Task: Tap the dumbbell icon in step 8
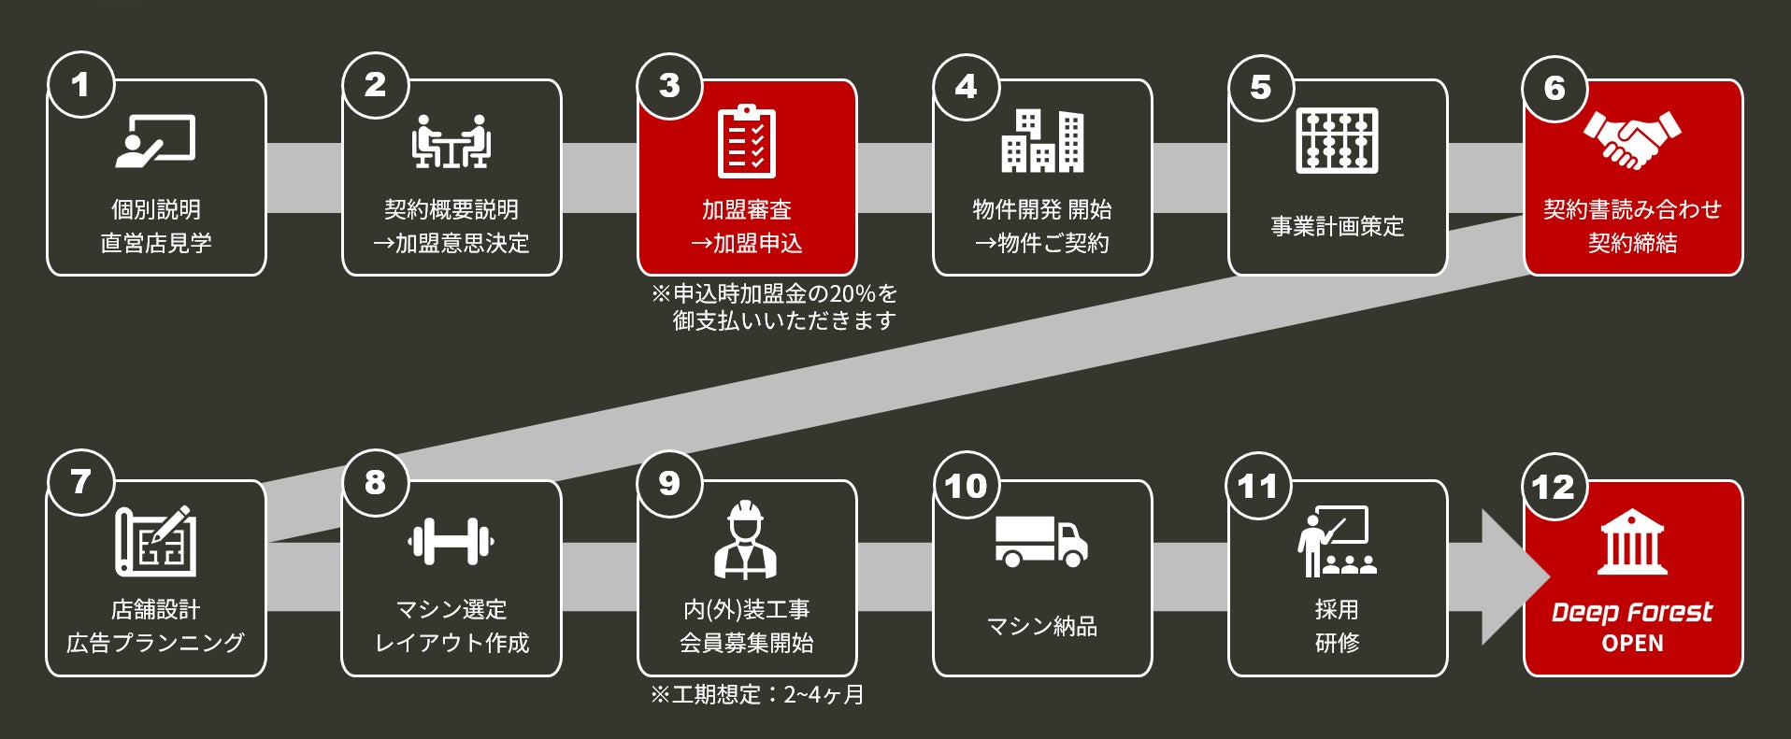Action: pos(451,540)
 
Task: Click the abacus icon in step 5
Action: pos(1337,141)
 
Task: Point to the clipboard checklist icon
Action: pos(746,142)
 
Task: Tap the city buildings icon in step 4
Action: pos(1042,141)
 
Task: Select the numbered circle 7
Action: pos(81,482)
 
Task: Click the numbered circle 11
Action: pos(1258,486)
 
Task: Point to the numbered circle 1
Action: pos(81,85)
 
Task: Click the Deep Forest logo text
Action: pos(1632,612)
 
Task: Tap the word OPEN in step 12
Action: pos(1632,644)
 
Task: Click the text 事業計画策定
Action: pos(1337,226)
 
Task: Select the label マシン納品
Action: pos(1041,626)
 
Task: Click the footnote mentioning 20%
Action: pos(774,306)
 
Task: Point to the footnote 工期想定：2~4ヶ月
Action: pos(757,695)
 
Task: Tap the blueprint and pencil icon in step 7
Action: pos(155,540)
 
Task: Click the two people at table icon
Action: pos(451,142)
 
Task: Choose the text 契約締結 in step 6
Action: pos(1632,243)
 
